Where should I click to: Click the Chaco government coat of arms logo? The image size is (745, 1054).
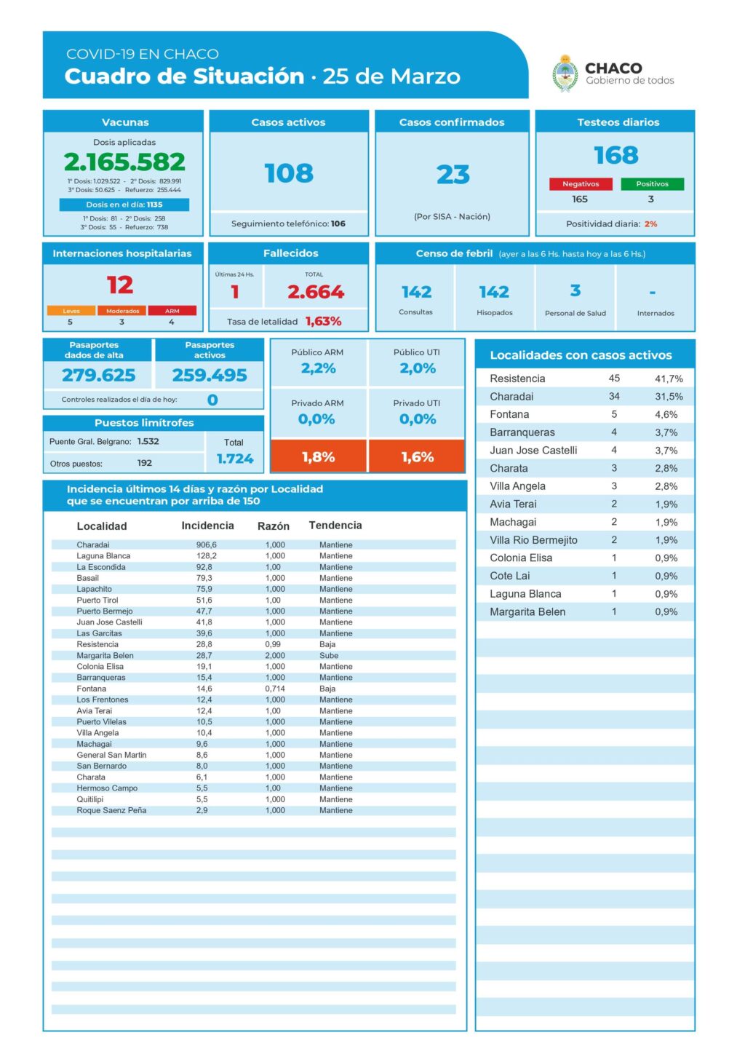(x=565, y=74)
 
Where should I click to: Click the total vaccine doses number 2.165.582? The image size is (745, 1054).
(x=124, y=162)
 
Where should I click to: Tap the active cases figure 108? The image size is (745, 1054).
(x=289, y=173)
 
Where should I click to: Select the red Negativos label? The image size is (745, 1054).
(x=580, y=184)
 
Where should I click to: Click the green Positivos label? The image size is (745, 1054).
(x=652, y=184)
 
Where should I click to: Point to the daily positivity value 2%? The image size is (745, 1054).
(x=650, y=224)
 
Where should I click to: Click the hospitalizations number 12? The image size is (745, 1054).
(x=120, y=285)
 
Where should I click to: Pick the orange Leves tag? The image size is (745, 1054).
(x=71, y=311)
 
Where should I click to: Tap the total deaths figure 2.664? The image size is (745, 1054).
(x=315, y=292)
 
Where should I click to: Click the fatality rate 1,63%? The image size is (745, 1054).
(x=323, y=321)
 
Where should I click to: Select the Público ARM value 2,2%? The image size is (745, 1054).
(x=318, y=368)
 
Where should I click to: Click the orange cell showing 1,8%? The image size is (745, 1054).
(x=318, y=457)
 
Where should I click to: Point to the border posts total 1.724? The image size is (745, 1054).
(x=234, y=459)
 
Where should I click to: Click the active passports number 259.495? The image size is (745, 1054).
(x=210, y=375)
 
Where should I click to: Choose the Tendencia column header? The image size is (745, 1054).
(x=335, y=526)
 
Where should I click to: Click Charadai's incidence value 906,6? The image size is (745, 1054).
(x=206, y=544)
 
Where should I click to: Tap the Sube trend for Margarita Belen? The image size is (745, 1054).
(x=329, y=655)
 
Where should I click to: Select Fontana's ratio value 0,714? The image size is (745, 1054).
(x=275, y=689)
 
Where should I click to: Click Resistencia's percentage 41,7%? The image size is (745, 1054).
(x=669, y=379)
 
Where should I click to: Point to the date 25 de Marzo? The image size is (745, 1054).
(x=391, y=76)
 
